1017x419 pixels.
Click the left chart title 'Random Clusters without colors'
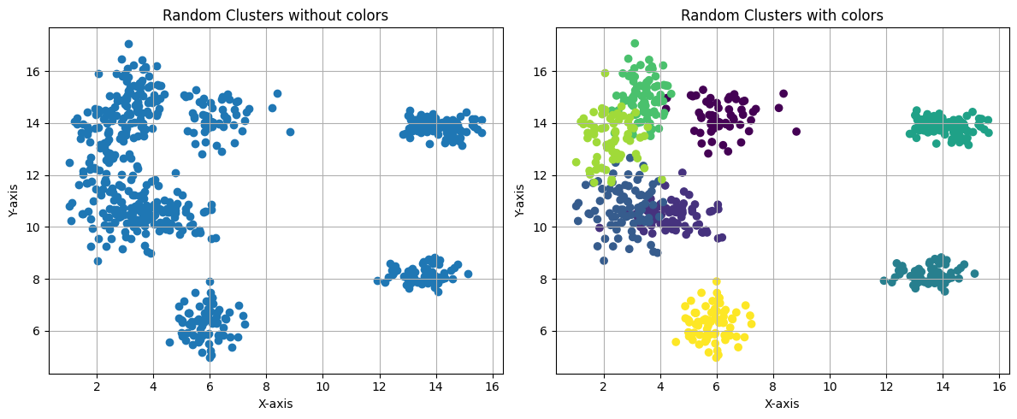tap(275, 15)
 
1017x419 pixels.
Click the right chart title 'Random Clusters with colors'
tap(782, 15)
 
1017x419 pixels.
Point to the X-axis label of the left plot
tap(275, 404)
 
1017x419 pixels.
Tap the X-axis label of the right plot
tap(782, 404)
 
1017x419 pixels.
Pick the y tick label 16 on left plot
tap(33, 71)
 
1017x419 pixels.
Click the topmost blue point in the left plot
tap(128, 44)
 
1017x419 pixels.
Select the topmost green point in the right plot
tap(635, 44)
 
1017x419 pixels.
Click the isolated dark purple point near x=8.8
tap(796, 132)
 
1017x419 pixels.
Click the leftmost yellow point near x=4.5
tap(676, 342)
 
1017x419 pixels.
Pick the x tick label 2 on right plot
tap(604, 387)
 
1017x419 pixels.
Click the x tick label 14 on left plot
tap(436, 387)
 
